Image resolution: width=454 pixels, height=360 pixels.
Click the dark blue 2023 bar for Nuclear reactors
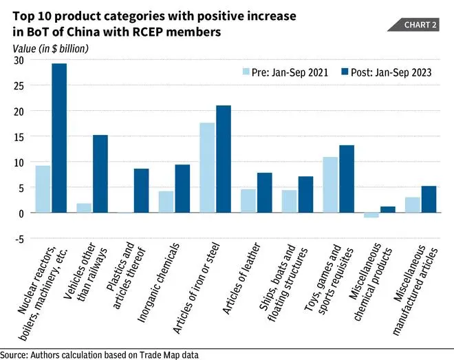(59, 138)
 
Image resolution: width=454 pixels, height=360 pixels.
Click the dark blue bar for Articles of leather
(264, 193)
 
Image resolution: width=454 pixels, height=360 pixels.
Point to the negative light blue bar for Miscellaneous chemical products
(371, 215)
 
